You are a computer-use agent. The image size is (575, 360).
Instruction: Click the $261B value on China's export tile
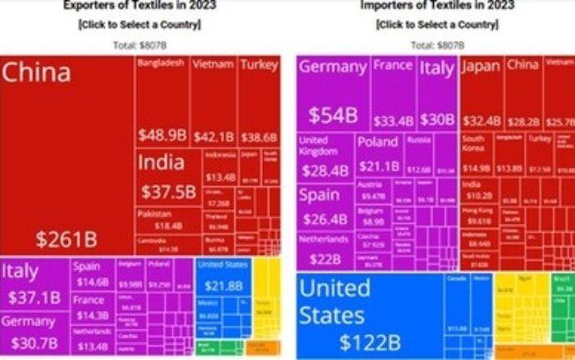tap(66, 238)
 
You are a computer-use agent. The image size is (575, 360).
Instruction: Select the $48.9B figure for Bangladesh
tap(162, 135)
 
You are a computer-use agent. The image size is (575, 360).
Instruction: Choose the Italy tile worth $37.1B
tap(34, 285)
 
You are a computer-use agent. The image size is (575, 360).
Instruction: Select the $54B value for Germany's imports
tap(332, 116)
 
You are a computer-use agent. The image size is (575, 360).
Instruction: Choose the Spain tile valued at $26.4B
tap(325, 206)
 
